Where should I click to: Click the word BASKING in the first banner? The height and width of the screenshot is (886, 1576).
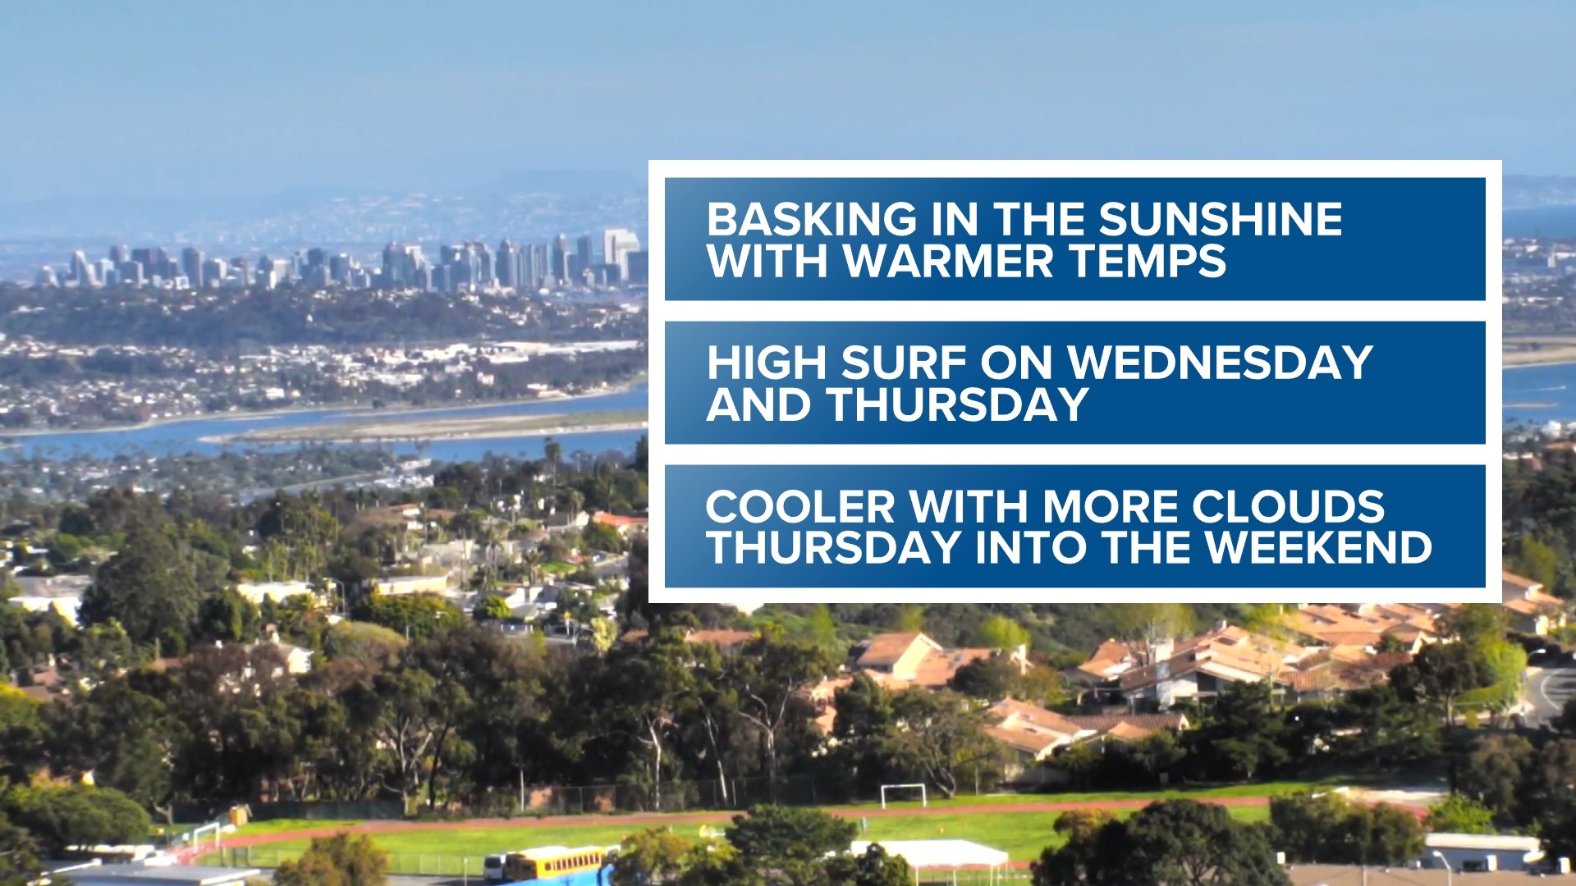811,220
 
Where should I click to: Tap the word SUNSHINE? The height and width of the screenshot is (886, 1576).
1221,220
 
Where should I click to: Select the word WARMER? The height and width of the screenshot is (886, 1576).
949,261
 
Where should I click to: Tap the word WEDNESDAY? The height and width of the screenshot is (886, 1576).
1220,363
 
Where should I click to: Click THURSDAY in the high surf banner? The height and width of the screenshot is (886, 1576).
958,404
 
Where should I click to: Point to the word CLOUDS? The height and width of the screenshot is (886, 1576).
1288,507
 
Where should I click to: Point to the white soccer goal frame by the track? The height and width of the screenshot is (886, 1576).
903,794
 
